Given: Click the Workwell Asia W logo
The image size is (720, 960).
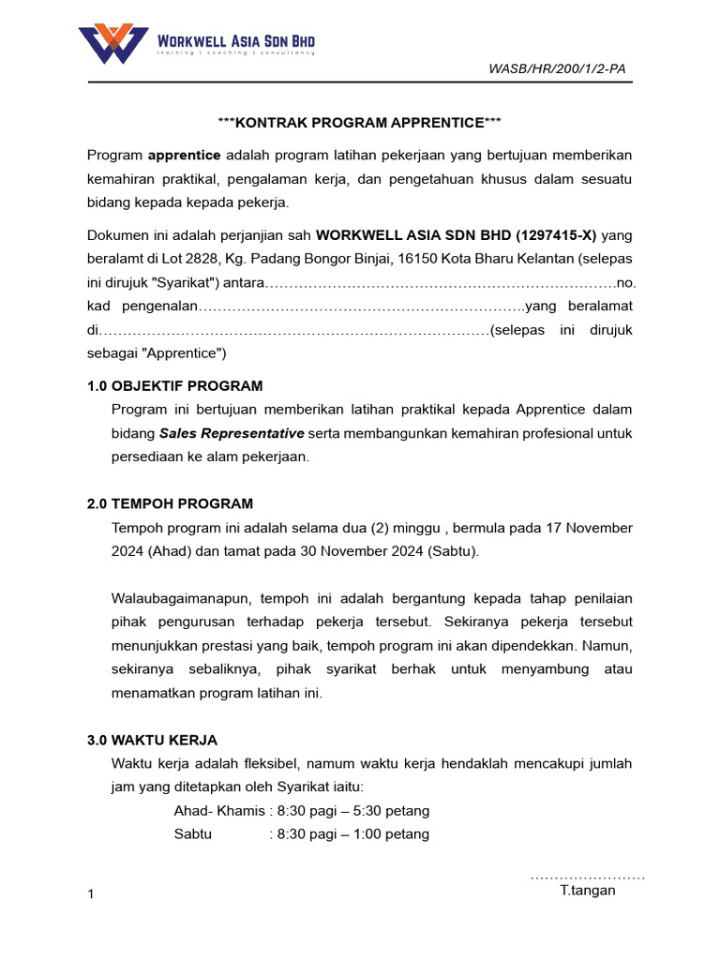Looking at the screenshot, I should [113, 43].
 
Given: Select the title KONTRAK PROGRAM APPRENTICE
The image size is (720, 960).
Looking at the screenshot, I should [360, 123].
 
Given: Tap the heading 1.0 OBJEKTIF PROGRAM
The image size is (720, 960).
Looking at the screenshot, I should [175, 385].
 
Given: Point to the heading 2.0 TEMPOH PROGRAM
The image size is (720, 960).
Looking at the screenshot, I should [170, 503].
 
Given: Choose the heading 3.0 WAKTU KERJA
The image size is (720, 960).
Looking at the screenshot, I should [152, 740].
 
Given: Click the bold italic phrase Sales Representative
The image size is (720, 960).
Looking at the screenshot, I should [232, 433].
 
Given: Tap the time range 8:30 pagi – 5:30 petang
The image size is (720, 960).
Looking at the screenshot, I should [353, 811].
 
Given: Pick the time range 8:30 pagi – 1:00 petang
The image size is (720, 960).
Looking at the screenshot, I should [353, 833].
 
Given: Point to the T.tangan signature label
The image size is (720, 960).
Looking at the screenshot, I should [588, 891].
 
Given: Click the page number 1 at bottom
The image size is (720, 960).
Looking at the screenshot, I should [91, 895].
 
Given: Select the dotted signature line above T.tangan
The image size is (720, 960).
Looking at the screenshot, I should [588, 877].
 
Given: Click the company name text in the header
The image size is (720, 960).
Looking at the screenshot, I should [235, 40].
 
